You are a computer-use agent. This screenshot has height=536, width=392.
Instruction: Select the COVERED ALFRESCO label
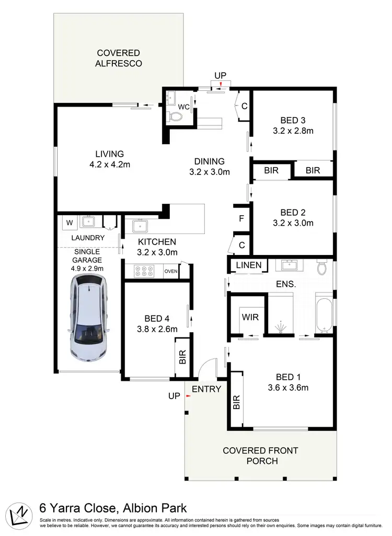(119, 58)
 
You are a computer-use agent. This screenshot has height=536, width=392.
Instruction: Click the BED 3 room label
(293, 120)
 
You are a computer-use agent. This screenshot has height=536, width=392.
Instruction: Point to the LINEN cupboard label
(249, 265)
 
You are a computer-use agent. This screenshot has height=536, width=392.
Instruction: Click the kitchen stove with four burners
(144, 272)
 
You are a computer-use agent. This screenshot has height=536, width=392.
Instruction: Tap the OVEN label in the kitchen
(171, 272)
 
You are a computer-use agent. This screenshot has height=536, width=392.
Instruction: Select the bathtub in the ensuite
(324, 313)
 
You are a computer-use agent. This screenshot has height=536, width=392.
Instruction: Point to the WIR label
(249, 317)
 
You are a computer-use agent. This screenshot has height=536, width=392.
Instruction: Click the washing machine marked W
(69, 223)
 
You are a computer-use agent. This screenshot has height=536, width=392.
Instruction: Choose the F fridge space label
(241, 218)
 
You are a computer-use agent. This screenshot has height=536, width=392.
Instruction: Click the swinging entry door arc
(206, 366)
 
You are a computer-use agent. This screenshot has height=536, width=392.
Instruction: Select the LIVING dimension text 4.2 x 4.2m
(109, 165)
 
